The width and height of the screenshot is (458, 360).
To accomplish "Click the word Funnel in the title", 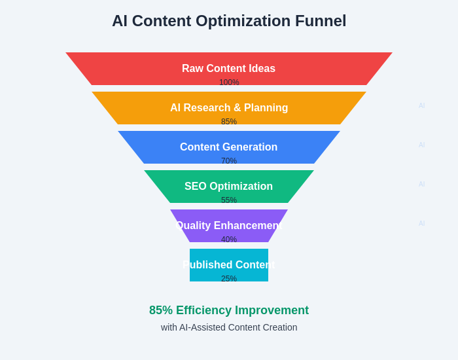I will (x=320, y=21).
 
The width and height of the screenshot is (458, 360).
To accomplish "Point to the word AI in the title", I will (x=120, y=21).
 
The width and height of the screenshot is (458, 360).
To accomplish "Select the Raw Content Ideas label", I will (x=228, y=69).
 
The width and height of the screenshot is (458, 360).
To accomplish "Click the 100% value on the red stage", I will (x=229, y=82).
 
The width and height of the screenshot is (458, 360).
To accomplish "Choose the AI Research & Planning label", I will (x=229, y=108).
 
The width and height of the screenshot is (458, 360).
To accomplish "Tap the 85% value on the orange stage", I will (x=229, y=122).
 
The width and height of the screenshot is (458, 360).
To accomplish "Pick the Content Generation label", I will (x=228, y=147).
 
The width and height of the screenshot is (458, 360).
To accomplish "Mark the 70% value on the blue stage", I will (x=229, y=161).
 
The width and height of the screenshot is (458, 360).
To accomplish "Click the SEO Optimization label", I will (x=228, y=187).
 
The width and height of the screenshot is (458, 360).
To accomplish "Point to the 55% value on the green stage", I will (x=229, y=200).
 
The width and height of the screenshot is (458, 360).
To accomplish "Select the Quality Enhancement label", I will (x=228, y=226).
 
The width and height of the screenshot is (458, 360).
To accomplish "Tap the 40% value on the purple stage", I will (x=229, y=240).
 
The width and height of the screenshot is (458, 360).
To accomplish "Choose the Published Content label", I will (x=229, y=265).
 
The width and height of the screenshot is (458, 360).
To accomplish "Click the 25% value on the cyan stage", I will (x=229, y=279).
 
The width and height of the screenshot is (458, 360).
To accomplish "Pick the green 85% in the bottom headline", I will (x=161, y=310).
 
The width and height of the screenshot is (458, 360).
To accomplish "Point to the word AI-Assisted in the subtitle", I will (x=202, y=327).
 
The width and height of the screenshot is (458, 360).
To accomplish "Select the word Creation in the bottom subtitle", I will (x=279, y=327).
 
